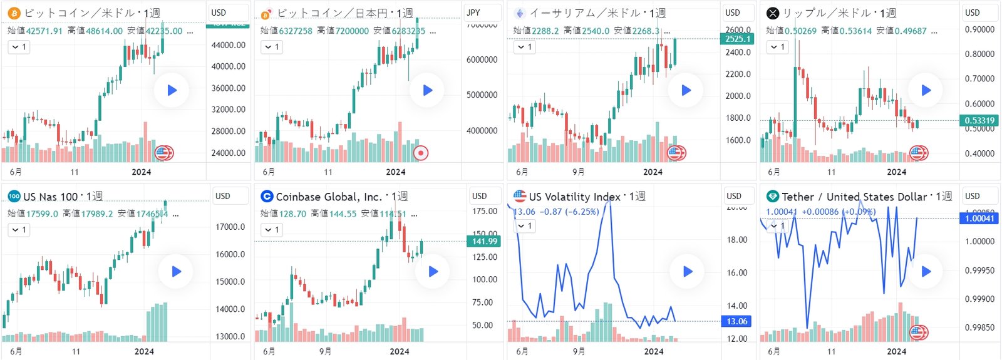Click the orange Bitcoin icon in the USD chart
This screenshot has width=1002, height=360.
pyautogui.click(x=14, y=13)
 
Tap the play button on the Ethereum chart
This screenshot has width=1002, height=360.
pyautogui.click(x=686, y=90)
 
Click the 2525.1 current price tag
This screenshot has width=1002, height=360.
pyautogui.click(x=738, y=39)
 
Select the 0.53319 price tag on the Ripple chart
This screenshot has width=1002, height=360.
pyautogui.click(x=979, y=120)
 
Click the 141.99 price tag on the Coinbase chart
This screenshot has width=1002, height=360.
pyautogui.click(x=484, y=241)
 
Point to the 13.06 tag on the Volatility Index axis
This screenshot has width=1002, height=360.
pyautogui.click(x=736, y=321)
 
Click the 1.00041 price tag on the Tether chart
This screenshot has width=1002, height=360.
pyautogui.click(x=979, y=218)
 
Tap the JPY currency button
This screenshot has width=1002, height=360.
pyautogui.click(x=474, y=13)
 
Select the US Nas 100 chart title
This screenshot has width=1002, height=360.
pyautogui.click(x=51, y=197)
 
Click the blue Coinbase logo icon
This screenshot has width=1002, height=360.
pyautogui.click(x=267, y=197)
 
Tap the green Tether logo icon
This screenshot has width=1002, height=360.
pyautogui.click(x=773, y=197)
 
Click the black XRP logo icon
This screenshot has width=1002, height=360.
pyautogui.click(x=773, y=13)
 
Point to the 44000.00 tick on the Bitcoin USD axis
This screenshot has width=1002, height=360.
pyautogui.click(x=228, y=45)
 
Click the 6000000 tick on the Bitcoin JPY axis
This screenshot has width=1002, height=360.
pyautogui.click(x=482, y=59)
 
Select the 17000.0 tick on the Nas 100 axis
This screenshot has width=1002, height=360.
pyautogui.click(x=230, y=227)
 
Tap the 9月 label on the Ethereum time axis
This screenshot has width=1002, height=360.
pyautogui.click(x=579, y=172)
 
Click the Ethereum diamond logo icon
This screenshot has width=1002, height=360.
pyautogui.click(x=519, y=13)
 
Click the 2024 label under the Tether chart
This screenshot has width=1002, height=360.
pyautogui.click(x=896, y=351)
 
